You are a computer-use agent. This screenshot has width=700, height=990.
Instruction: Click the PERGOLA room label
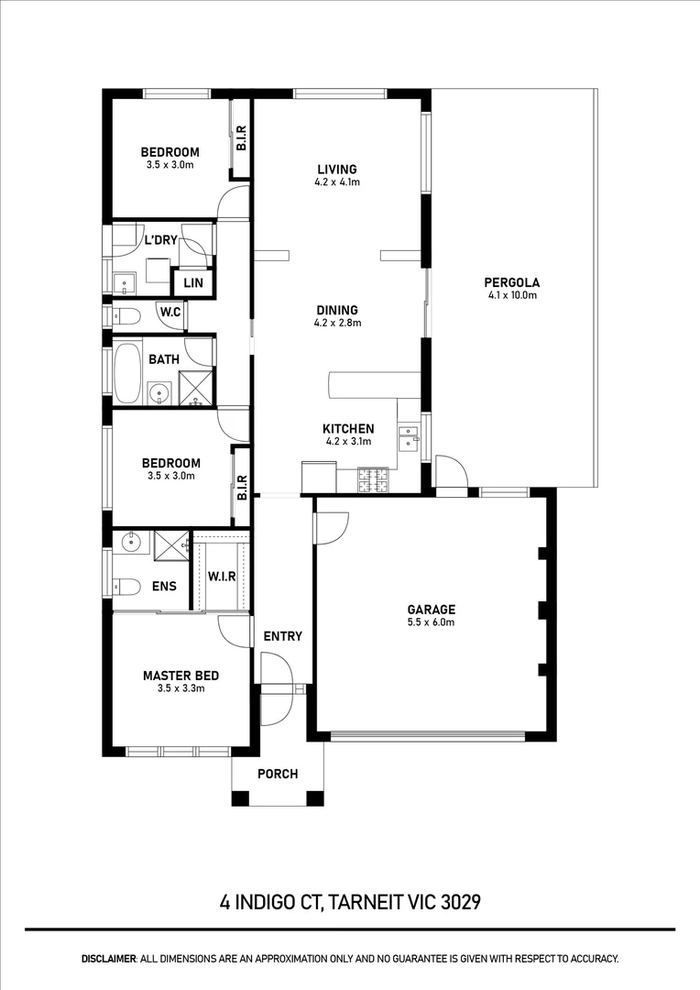click(x=513, y=282)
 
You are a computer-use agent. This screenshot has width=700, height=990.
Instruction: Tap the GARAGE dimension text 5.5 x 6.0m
click(x=431, y=622)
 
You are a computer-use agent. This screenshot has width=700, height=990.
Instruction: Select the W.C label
click(x=170, y=313)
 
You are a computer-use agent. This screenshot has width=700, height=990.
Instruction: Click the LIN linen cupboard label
click(x=193, y=283)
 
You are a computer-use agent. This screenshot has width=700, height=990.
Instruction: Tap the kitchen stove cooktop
click(x=373, y=478)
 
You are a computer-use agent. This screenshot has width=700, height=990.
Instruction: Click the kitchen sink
click(x=409, y=434)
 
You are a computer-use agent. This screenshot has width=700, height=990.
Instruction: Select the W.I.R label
click(x=222, y=577)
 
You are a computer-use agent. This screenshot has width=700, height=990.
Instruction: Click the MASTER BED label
click(x=180, y=676)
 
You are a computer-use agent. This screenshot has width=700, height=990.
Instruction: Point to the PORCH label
click(x=277, y=774)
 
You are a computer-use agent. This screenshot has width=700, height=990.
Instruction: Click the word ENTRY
click(x=282, y=636)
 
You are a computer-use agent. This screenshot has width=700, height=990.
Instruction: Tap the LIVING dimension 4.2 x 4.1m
click(x=336, y=182)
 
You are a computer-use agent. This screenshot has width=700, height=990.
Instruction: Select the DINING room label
click(x=336, y=310)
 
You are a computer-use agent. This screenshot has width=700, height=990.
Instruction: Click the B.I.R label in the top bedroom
click(x=241, y=138)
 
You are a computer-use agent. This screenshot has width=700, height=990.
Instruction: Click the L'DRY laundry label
click(x=160, y=241)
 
